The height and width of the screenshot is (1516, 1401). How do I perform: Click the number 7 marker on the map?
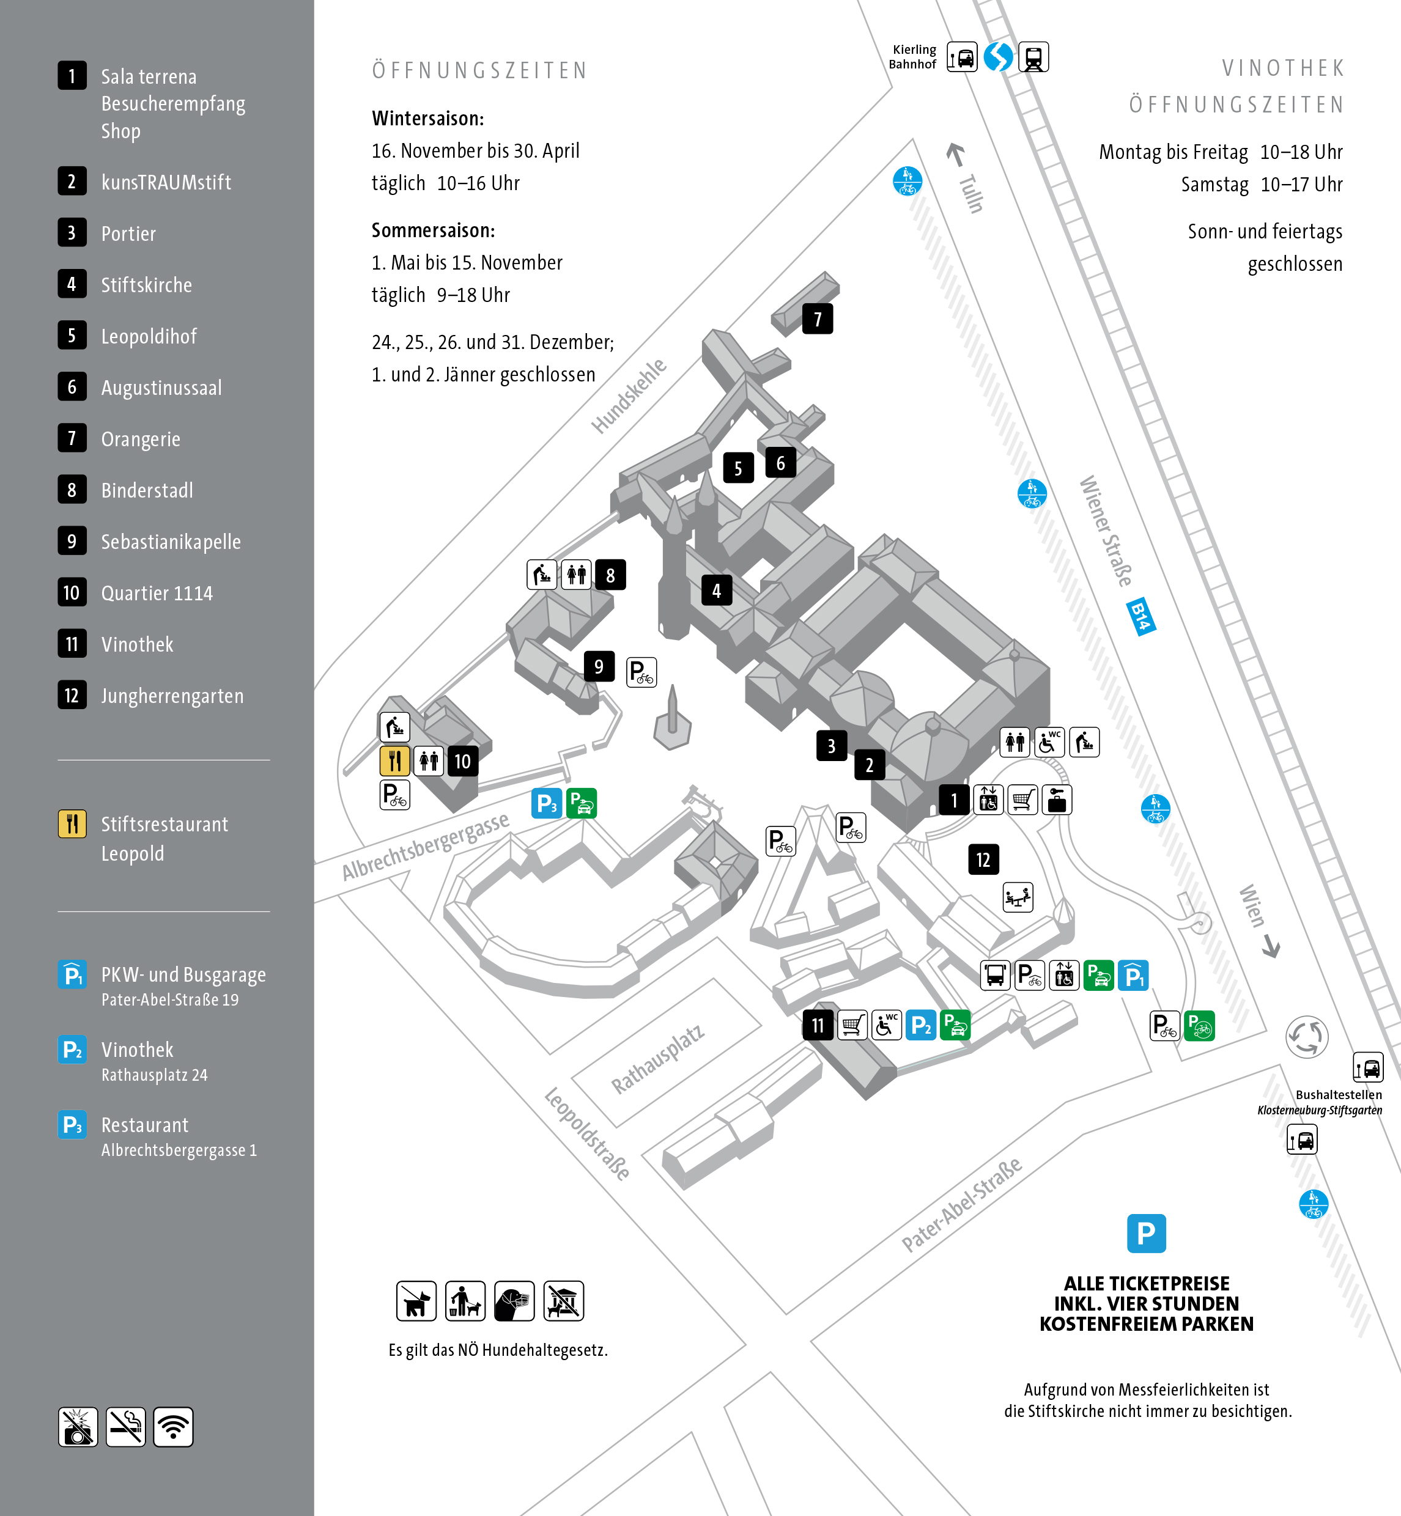click(x=817, y=319)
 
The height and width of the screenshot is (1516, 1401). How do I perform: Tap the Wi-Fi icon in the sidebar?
click(x=173, y=1427)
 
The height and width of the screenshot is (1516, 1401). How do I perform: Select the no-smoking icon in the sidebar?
click(x=125, y=1427)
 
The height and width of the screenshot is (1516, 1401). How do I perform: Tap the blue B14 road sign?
click(x=1141, y=616)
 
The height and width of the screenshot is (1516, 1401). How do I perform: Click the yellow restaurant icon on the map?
click(x=394, y=760)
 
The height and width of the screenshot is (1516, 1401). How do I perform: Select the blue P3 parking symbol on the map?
click(x=547, y=803)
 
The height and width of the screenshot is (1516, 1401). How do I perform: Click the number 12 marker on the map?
click(x=983, y=859)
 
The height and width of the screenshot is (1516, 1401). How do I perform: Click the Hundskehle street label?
click(x=629, y=396)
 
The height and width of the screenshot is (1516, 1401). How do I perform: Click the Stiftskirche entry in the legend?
click(x=146, y=285)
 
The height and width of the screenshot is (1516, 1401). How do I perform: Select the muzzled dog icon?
click(x=514, y=1301)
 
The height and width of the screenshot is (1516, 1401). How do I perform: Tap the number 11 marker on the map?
click(x=817, y=1026)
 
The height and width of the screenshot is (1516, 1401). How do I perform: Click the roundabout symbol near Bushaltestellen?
click(x=1306, y=1036)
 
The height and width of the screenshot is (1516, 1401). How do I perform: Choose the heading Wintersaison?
click(x=427, y=118)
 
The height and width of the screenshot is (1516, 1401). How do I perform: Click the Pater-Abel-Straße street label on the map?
click(x=961, y=1204)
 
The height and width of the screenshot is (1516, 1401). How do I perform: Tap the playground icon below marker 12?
click(x=1018, y=897)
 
